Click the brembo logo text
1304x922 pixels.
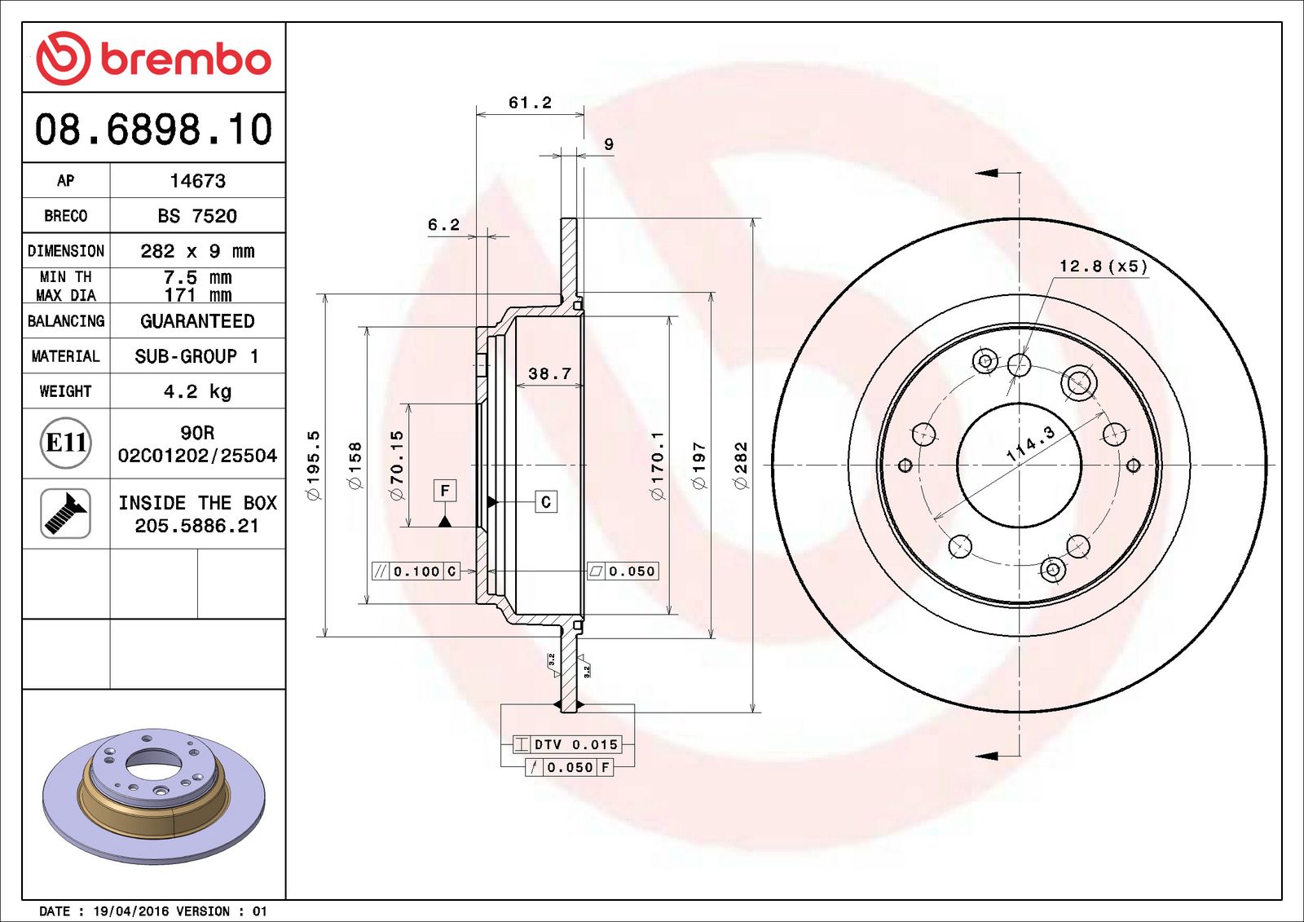[x=185, y=59]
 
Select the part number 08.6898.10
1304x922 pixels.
[x=153, y=130]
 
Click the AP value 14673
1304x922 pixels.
[x=197, y=181]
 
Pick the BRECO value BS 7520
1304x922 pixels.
[x=197, y=216]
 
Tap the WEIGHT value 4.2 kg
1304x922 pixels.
[x=197, y=391]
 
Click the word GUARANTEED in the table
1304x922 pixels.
[x=197, y=321]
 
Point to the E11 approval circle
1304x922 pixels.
[x=65, y=443]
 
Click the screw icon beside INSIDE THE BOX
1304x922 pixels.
[x=65, y=513]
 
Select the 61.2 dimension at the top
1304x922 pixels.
[x=530, y=103]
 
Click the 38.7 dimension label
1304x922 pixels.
[x=549, y=374]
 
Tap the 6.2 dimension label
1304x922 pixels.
[x=443, y=225]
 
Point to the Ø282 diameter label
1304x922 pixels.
[x=741, y=465]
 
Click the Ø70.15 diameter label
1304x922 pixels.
[x=397, y=465]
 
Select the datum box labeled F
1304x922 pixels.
[x=444, y=491]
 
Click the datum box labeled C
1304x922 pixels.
[x=546, y=502]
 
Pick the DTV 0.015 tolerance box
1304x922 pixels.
[x=575, y=744]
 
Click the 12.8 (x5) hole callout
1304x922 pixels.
[x=1103, y=267]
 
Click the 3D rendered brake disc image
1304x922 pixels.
[x=153, y=795]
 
